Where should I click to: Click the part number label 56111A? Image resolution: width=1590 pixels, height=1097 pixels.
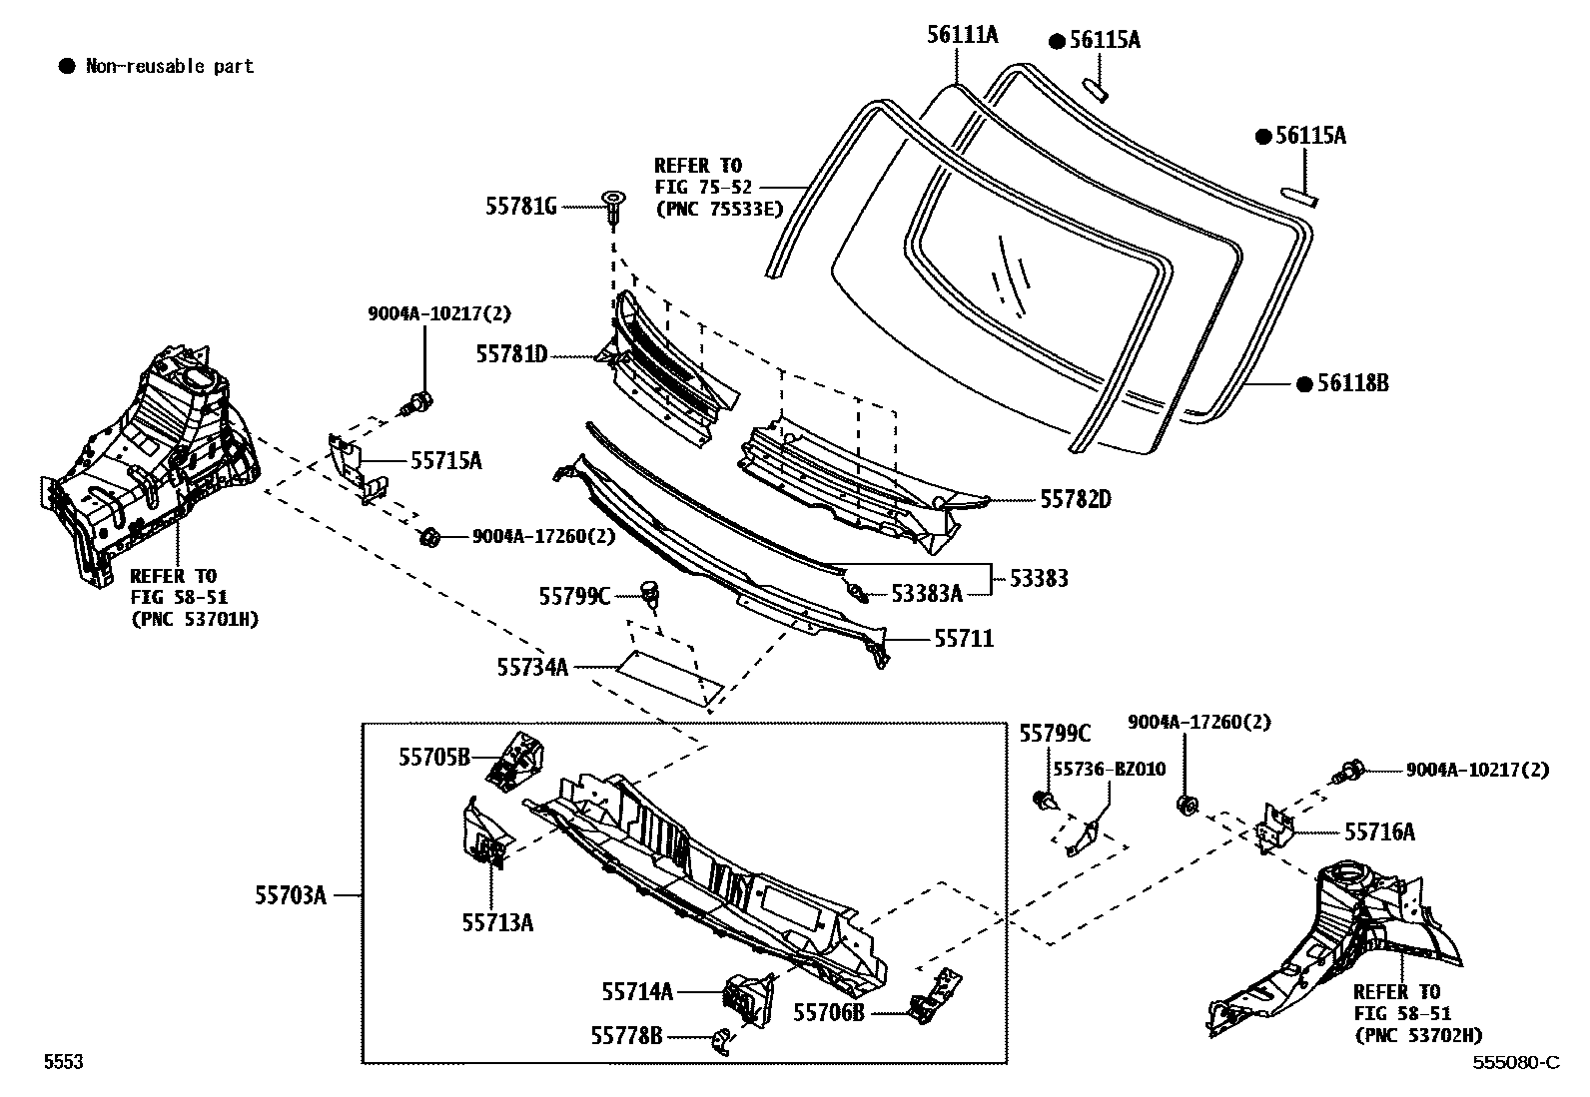click(962, 36)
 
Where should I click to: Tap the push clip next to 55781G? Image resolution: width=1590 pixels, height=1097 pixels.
click(612, 206)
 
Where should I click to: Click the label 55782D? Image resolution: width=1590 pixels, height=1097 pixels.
click(1076, 499)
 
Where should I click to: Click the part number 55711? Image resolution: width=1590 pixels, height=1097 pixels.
click(964, 638)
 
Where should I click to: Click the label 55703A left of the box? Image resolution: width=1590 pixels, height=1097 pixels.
click(291, 895)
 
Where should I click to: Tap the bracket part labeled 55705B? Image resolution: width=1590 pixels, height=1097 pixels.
click(516, 759)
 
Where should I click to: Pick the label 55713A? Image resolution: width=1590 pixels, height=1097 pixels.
click(497, 922)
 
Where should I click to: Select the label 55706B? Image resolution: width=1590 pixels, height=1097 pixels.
click(828, 1012)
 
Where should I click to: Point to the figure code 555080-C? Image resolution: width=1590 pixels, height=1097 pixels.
click(1515, 1062)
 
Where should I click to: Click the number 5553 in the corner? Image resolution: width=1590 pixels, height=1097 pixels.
click(62, 1062)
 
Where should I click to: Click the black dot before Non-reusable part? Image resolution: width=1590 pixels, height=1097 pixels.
click(67, 67)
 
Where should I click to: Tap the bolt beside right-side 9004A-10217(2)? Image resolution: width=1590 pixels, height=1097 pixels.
click(1350, 770)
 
